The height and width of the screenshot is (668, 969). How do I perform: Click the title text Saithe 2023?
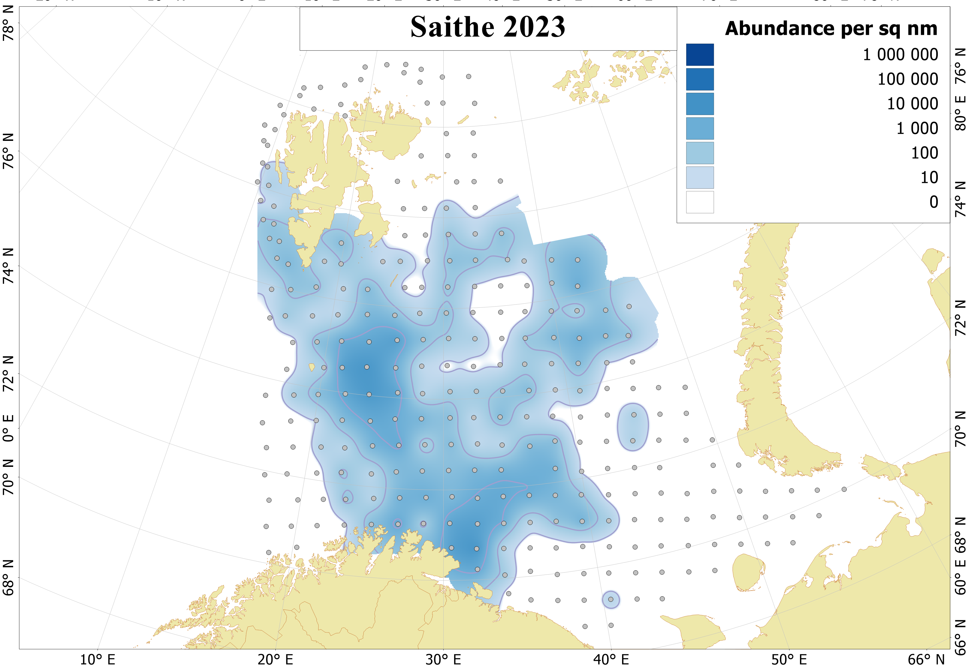coord(487,27)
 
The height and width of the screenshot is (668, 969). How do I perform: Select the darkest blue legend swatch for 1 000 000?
coord(699,55)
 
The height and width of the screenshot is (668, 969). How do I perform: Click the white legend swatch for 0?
coord(699,202)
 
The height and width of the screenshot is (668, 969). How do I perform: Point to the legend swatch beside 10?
coord(699,177)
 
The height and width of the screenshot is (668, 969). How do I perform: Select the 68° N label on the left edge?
coord(8,578)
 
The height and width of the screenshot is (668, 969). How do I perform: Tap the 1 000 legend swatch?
coord(699,129)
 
